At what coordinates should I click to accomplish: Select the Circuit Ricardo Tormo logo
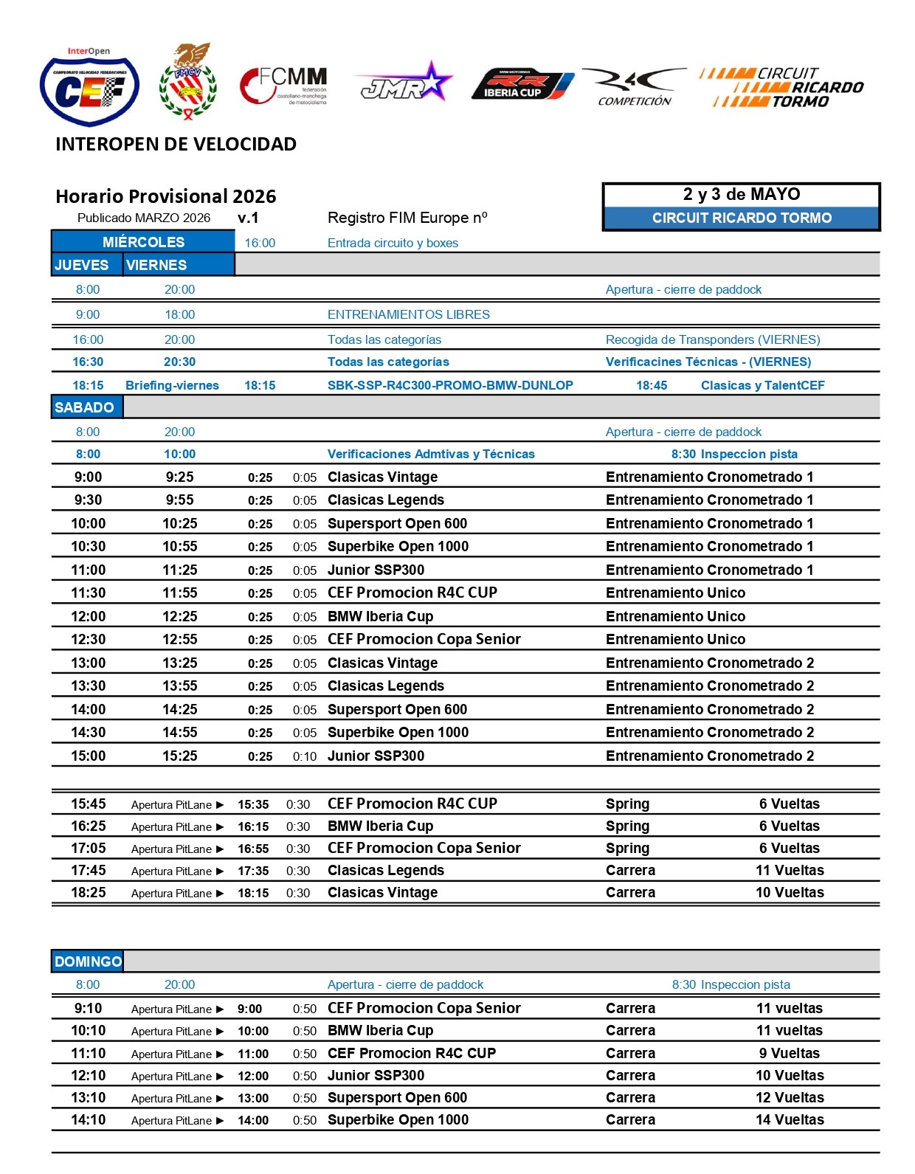[x=781, y=88]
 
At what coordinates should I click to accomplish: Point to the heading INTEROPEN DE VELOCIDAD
[x=176, y=144]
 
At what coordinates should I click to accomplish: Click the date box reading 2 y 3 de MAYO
[x=742, y=195]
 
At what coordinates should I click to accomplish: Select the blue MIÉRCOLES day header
[x=143, y=242]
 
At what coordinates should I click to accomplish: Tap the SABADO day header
[x=85, y=407]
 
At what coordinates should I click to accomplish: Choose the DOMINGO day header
[x=88, y=961]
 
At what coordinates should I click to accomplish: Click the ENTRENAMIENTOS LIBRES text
[x=408, y=314]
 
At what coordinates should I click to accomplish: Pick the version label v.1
[x=248, y=218]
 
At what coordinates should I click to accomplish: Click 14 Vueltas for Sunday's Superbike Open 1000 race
[x=790, y=1119]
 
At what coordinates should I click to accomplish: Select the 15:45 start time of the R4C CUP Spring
[x=89, y=804]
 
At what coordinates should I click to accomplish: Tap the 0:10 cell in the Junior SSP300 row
[x=305, y=756]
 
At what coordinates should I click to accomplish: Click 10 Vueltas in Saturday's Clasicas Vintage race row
[x=790, y=892]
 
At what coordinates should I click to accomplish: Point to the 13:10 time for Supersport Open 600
[x=89, y=1097]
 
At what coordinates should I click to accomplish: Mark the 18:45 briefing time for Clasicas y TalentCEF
[x=652, y=385]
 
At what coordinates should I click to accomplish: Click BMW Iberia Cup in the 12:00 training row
[x=380, y=616]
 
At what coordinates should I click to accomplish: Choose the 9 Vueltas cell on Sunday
[x=790, y=1053]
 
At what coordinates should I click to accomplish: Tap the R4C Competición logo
[x=634, y=86]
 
